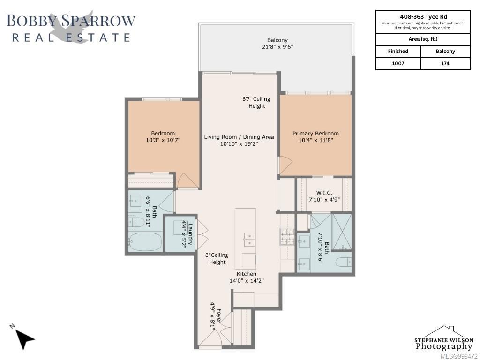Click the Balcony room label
[x=277, y=40]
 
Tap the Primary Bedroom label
[x=315, y=134]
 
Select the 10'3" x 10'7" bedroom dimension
[x=163, y=140]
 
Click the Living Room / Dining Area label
[x=239, y=137]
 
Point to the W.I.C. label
[x=324, y=193]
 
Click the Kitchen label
[x=247, y=274]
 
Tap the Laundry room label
[x=190, y=234]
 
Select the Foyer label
[x=219, y=316]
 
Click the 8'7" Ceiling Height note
[x=256, y=103]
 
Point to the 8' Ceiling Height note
[x=217, y=258]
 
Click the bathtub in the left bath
[x=145, y=242]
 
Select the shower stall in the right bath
[x=342, y=232]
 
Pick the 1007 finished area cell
[x=398, y=63]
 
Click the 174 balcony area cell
[x=445, y=63]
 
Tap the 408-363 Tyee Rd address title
[x=423, y=17]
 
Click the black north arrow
[x=24, y=338]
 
